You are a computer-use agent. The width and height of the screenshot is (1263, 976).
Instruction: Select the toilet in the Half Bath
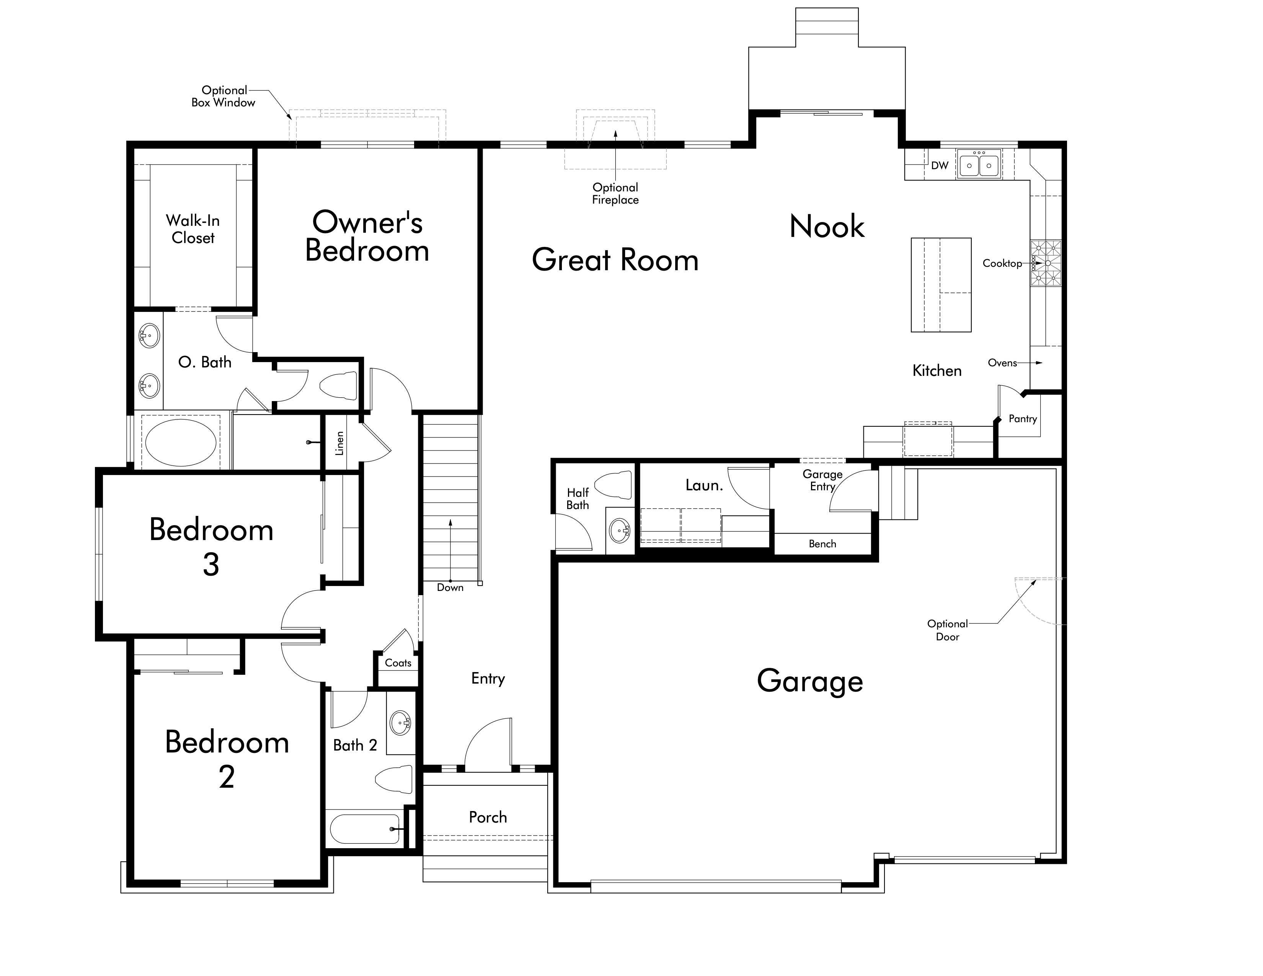click(x=614, y=485)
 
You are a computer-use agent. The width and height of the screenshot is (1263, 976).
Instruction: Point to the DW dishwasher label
click(x=940, y=165)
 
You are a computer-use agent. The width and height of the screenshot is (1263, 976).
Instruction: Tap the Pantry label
click(x=1022, y=419)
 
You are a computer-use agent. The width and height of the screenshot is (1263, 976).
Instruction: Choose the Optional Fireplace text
click(x=615, y=194)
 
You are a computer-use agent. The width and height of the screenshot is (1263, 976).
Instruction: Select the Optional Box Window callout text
click(x=224, y=96)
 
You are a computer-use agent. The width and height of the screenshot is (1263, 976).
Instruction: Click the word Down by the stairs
click(x=450, y=588)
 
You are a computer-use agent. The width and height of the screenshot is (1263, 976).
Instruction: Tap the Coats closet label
click(x=398, y=663)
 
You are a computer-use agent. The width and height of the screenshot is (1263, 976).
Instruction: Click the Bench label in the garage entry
click(x=822, y=543)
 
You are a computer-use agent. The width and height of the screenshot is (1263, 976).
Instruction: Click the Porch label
click(x=488, y=817)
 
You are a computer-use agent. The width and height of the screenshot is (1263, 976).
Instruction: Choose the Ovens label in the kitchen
click(x=1002, y=362)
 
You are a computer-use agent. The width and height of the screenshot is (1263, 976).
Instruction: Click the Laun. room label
click(x=704, y=485)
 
